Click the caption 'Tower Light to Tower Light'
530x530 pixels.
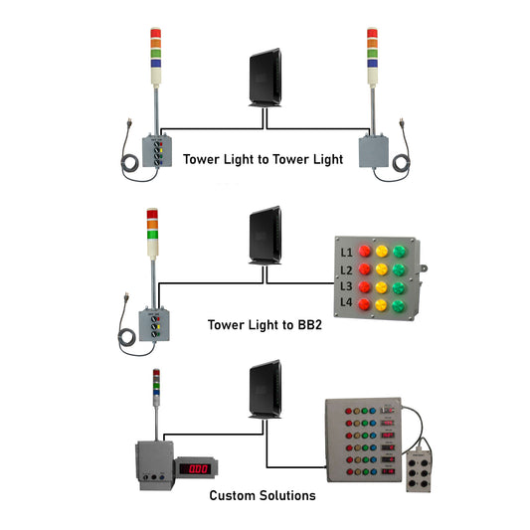(262, 159)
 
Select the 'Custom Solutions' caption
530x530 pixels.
(263, 494)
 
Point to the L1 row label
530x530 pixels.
(346, 253)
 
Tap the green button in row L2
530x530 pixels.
(400, 269)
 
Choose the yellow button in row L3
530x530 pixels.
(382, 286)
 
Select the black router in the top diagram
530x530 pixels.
(265, 80)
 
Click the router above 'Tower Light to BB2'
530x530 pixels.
(265, 238)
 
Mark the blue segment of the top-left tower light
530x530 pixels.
(156, 63)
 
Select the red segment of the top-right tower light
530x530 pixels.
(372, 33)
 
